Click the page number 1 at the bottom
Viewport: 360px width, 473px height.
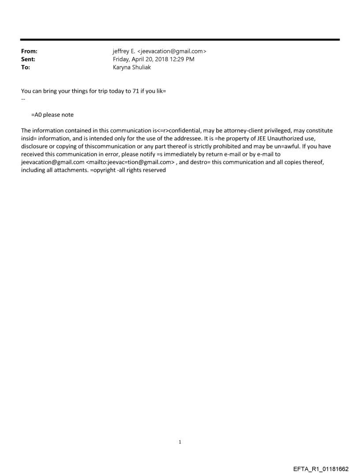click(180, 442)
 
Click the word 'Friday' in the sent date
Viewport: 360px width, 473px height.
click(122, 60)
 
